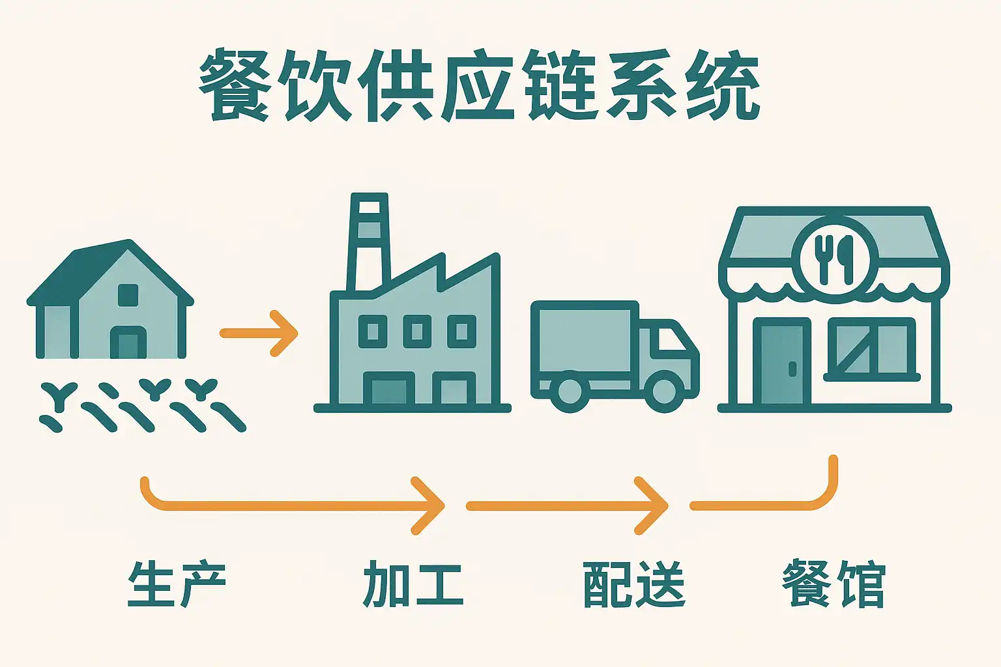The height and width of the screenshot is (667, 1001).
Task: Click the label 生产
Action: coord(177,584)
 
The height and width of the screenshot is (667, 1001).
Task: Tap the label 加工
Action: coord(413,584)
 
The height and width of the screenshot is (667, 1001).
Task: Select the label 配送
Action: coord(633,584)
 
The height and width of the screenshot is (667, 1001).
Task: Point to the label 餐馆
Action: coord(834,584)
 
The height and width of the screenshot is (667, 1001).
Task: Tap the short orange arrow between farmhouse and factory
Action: coord(259,333)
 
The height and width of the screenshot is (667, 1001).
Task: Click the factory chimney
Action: coord(370,241)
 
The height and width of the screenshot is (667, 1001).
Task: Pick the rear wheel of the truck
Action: coord(570,391)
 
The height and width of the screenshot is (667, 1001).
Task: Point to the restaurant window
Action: coord(871,349)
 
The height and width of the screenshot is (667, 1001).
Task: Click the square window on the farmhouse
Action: coord(128,295)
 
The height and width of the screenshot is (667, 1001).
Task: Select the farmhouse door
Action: coord(128,343)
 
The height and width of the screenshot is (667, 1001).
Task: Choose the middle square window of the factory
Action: coord(417,332)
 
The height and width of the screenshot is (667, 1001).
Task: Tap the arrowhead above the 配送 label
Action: coord(654,505)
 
